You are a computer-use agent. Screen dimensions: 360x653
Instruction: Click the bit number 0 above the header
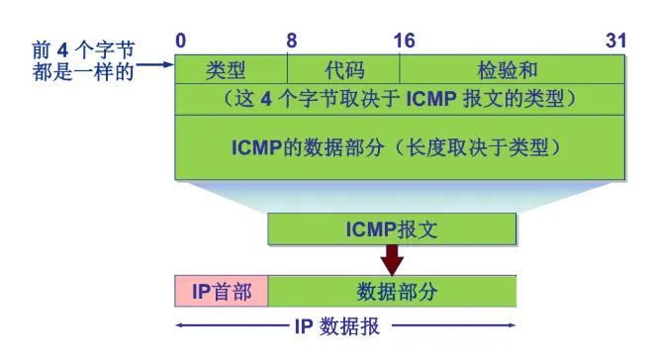tap(181, 41)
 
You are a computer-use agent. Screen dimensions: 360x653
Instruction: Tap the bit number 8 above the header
tap(291, 41)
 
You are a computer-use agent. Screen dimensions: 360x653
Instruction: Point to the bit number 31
tap(615, 41)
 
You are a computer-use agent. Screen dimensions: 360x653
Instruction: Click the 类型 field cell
tap(231, 69)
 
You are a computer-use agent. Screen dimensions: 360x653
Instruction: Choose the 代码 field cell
tap(343, 69)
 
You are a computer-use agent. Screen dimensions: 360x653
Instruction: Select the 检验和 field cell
tap(512, 69)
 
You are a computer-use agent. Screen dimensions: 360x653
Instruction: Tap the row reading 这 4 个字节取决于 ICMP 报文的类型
tap(400, 99)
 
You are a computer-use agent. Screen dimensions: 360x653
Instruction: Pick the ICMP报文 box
tap(392, 229)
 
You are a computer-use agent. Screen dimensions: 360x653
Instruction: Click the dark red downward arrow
tap(392, 260)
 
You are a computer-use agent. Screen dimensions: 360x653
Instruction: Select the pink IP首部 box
tap(222, 292)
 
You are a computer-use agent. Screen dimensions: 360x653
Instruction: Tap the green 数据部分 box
tap(392, 292)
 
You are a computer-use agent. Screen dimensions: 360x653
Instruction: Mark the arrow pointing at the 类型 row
tap(156, 66)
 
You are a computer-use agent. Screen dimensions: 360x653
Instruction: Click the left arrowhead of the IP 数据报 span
tap(180, 326)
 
